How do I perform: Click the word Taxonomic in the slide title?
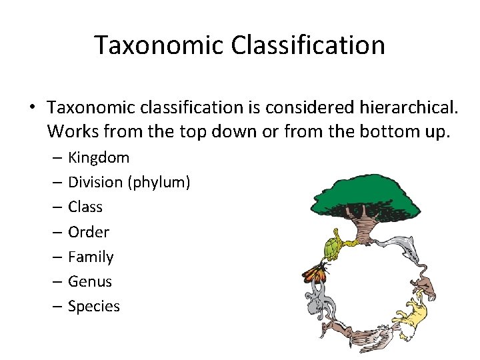pos(158,45)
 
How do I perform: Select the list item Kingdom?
pos(99,158)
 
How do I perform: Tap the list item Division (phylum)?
pos(129,183)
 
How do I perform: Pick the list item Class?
pos(85,207)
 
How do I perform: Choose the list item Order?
pos(89,232)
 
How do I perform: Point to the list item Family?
pos(91,257)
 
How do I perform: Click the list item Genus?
pos(90,282)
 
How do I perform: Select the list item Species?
pos(94,307)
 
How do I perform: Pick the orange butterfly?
pos(315,271)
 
